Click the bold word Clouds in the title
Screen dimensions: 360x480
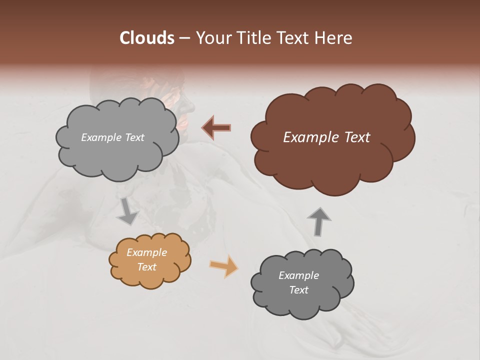[x=147, y=38]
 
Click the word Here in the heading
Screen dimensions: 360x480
[x=334, y=38]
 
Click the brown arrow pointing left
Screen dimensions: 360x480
[x=216, y=128]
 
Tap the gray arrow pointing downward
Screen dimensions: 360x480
[x=127, y=211]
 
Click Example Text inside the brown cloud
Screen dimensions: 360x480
[x=326, y=137]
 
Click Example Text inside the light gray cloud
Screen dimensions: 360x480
[x=112, y=137]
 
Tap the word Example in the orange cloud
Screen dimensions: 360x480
[x=146, y=252]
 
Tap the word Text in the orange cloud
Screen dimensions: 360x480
[x=146, y=267]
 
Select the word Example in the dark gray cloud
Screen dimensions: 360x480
[x=298, y=275]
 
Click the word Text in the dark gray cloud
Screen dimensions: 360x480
[x=298, y=290]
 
